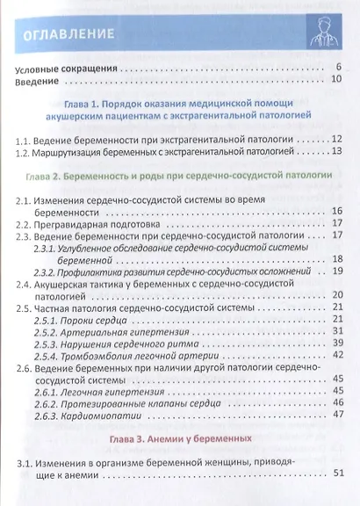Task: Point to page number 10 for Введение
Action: point(335,81)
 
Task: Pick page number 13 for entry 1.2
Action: point(336,152)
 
